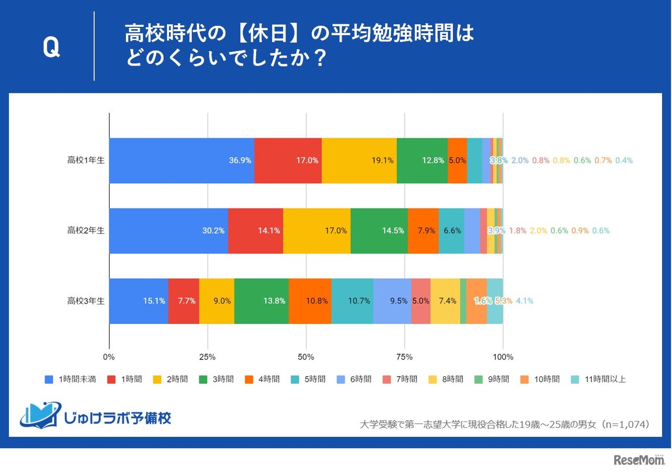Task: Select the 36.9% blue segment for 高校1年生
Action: click(x=182, y=161)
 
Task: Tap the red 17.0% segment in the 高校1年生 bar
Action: click(x=288, y=161)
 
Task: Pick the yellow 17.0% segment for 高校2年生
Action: click(x=317, y=230)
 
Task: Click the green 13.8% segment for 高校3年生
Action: click(x=261, y=301)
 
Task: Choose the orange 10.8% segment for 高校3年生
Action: click(x=310, y=301)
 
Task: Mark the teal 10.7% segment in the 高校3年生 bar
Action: click(x=352, y=301)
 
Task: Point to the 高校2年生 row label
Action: click(x=86, y=230)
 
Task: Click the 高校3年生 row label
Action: click(x=86, y=301)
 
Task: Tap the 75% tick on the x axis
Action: click(x=405, y=358)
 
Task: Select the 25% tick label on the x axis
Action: click(x=208, y=358)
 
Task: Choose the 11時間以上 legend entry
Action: click(x=599, y=379)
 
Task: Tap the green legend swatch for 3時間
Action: click(x=204, y=379)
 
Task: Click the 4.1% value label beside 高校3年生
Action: click(x=524, y=301)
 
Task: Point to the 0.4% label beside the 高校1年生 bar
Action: click(x=624, y=161)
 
